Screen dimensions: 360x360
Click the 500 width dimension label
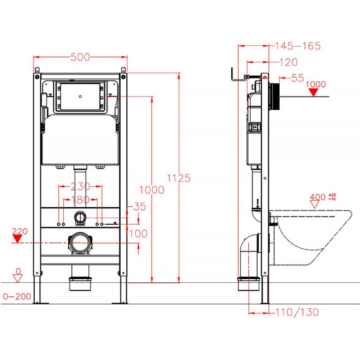click(x=80, y=57)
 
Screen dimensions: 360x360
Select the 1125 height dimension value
click(x=179, y=178)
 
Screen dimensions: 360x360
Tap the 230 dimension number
click(x=80, y=186)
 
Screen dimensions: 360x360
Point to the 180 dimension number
click(x=80, y=200)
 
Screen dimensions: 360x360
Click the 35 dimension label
click(x=140, y=207)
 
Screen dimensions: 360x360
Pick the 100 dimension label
click(x=138, y=234)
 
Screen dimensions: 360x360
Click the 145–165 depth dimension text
click(x=297, y=46)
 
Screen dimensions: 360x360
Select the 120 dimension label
click(x=289, y=63)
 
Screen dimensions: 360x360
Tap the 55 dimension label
click(x=297, y=78)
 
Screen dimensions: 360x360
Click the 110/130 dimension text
click(x=297, y=312)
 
